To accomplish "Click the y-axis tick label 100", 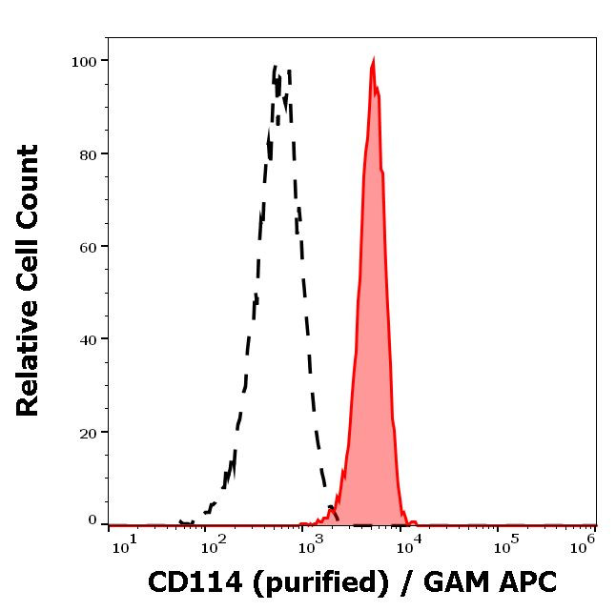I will (85, 62).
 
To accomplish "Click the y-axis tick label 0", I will (92, 520).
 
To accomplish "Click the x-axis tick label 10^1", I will (125, 543).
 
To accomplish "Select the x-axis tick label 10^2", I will (215, 543).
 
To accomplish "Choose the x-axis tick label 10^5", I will (502, 543).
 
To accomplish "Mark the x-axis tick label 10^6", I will (583, 543).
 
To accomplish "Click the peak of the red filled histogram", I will (373, 61).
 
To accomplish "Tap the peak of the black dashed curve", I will (277, 67).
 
